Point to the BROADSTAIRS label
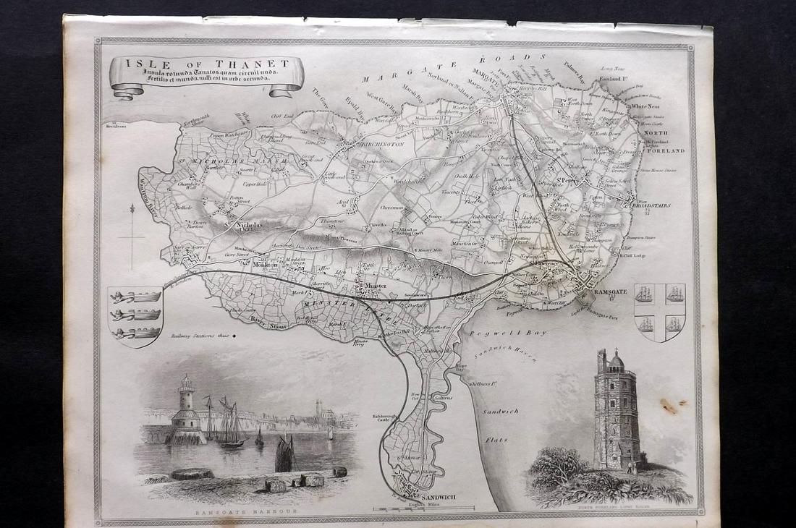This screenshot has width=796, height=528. tap(650, 205)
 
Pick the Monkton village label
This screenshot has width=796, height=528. tap(265, 265)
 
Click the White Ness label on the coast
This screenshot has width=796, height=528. tap(645, 106)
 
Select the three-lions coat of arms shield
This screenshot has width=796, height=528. tap(134, 315)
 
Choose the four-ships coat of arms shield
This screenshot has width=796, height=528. tap(659, 311)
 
